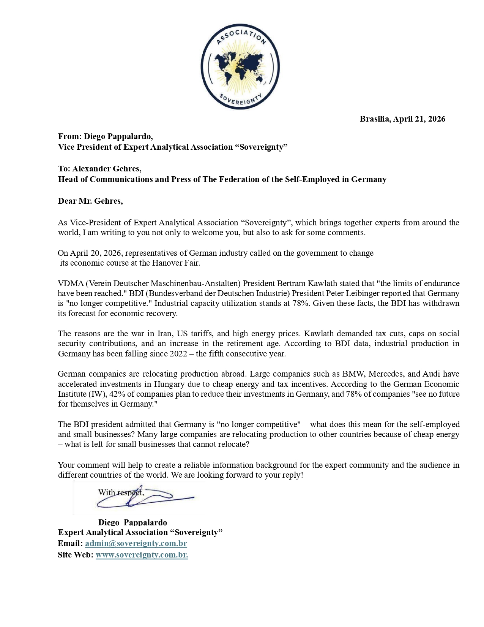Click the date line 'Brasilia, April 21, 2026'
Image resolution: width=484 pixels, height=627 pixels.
pos(402,119)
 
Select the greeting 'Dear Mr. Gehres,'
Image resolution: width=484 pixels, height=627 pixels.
pos(90,201)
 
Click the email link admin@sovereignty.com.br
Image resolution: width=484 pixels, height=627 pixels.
pos(136,543)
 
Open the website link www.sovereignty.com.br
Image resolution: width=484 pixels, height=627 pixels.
pos(142,555)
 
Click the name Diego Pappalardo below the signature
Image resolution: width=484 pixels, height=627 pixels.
pos(132,522)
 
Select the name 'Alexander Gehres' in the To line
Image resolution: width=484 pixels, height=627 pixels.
pos(107,168)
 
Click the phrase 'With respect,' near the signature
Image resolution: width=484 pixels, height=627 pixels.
pos(121,493)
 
